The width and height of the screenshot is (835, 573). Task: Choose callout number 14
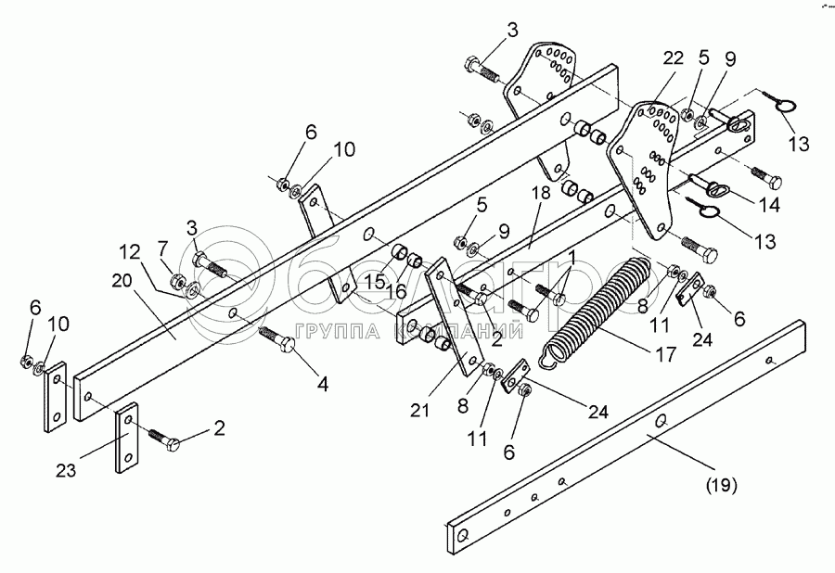(769, 203)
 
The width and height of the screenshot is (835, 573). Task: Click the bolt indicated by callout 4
(277, 337)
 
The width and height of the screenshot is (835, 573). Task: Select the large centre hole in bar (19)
(660, 423)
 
